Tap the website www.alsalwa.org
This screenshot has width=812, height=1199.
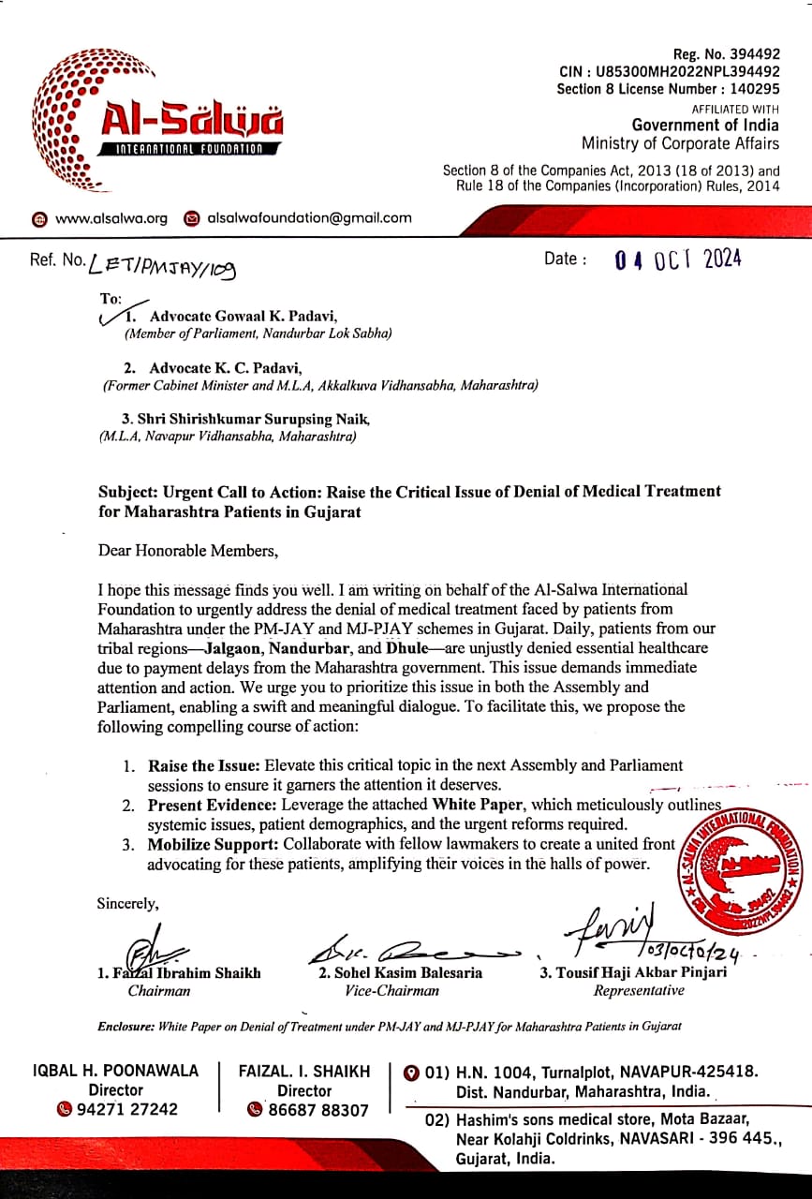(x=111, y=218)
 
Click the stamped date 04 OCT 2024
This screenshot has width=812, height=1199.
(x=678, y=259)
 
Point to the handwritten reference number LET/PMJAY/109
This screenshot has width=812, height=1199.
(x=162, y=268)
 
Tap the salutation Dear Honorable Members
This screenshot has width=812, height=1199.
(x=188, y=550)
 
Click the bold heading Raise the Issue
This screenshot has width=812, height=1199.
(x=204, y=765)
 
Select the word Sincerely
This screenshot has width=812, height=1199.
(x=128, y=904)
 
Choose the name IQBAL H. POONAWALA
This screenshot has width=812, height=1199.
(x=116, y=1071)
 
